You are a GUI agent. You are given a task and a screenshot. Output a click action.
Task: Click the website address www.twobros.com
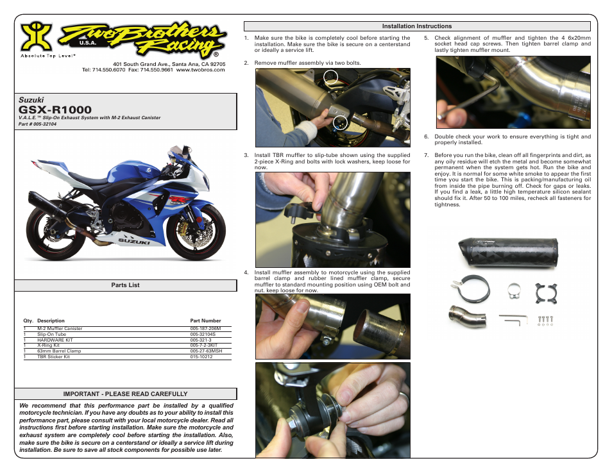[200, 70]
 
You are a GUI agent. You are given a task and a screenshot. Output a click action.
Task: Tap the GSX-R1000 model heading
[55, 110]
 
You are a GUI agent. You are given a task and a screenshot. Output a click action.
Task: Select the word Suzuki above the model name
[31, 100]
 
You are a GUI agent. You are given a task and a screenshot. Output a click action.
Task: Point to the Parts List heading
[125, 285]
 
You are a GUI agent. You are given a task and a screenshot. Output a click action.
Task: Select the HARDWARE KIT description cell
[51, 340]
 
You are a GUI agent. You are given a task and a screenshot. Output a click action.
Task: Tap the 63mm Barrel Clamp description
[59, 351]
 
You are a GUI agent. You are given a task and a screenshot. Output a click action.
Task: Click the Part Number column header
[205, 320]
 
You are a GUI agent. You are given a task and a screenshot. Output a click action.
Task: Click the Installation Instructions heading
[417, 26]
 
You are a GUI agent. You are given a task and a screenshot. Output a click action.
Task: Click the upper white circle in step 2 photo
[330, 78]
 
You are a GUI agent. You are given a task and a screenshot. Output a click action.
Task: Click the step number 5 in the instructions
[427, 38]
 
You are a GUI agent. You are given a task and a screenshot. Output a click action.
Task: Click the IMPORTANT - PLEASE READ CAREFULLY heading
[125, 394]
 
